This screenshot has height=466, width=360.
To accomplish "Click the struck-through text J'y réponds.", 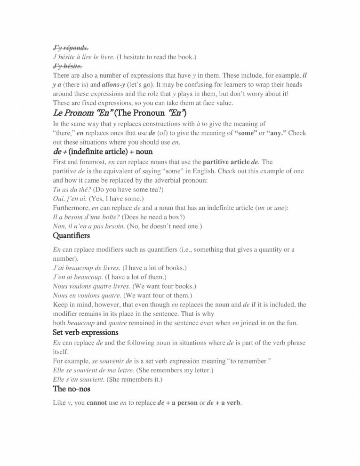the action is click(x=71, y=48).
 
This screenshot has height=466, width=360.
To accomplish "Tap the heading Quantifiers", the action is click(x=71, y=235).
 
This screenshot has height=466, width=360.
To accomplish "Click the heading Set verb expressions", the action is click(x=85, y=332).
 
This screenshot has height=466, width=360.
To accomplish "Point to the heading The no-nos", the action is click(x=72, y=388).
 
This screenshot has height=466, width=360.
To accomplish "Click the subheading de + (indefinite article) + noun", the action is click(x=103, y=152).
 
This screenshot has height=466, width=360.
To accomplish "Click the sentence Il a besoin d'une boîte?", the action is click(x=86, y=217).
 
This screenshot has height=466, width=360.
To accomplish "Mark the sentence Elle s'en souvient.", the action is click(x=79, y=379).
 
